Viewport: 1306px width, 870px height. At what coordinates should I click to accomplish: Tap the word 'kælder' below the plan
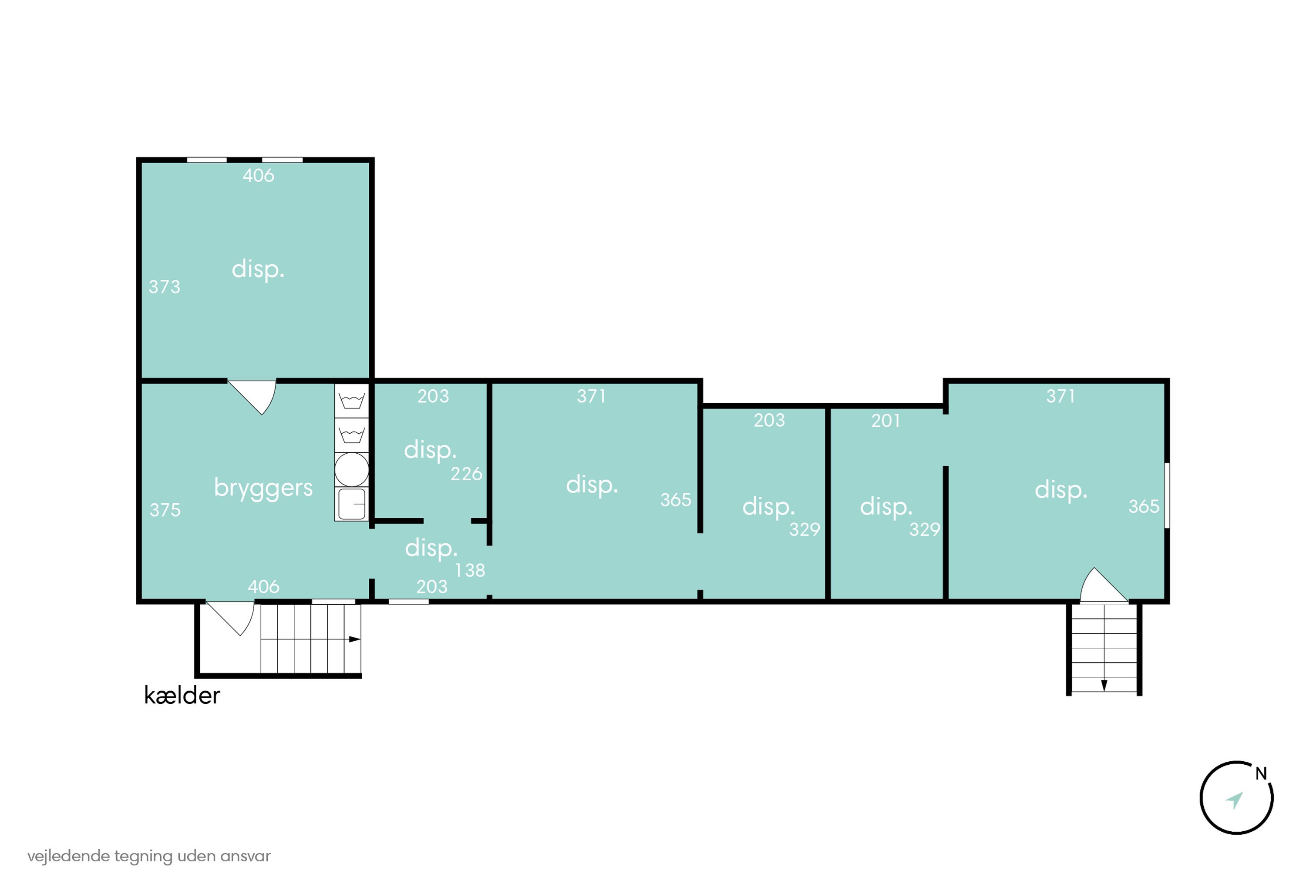coord(182,696)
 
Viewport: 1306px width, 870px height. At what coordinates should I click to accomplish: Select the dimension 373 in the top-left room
coord(165,287)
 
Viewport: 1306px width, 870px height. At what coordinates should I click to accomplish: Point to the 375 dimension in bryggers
coord(165,510)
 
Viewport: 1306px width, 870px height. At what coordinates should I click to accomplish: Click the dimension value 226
coord(466,474)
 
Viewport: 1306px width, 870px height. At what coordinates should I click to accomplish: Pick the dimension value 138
coord(470,570)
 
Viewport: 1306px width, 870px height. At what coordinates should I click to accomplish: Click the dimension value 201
coord(885,421)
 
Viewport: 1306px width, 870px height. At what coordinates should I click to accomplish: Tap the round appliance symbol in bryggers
coord(351,469)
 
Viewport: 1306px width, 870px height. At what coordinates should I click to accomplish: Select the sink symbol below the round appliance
coord(351,504)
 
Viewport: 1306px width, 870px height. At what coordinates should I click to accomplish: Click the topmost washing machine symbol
coord(351,401)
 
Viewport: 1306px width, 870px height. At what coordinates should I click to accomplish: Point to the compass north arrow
coord(1234,800)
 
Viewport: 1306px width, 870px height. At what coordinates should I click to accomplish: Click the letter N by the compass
coord(1261,774)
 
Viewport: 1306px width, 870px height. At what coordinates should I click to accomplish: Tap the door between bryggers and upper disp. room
coord(252,397)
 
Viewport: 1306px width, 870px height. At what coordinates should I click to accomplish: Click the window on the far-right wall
coord(1167,495)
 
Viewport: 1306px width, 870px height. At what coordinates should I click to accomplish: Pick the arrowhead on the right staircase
coord(1104,686)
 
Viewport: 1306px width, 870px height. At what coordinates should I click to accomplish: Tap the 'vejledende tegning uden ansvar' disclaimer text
coord(149,856)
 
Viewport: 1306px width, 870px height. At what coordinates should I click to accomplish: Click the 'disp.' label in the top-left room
coord(258,270)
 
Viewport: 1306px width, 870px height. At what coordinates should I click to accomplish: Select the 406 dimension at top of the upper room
coord(258,175)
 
